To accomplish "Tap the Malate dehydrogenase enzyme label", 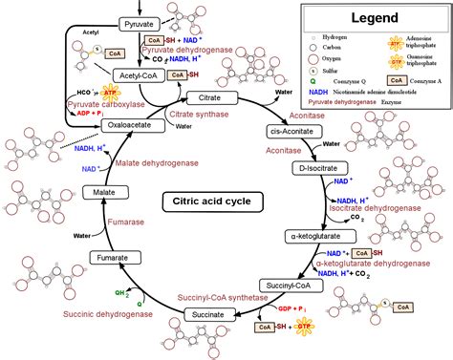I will (158, 162).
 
